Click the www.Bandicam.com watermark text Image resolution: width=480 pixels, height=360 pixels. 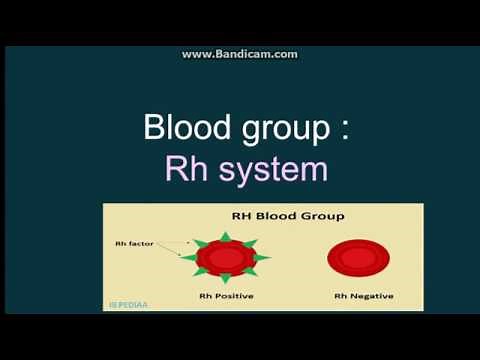(239, 54)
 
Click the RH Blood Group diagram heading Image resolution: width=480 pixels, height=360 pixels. (288, 216)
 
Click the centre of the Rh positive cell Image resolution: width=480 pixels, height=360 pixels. (226, 258)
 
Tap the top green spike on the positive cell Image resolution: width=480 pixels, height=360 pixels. (226, 234)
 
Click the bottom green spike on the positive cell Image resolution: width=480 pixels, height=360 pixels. (226, 280)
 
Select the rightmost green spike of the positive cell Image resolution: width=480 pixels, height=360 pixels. (264, 258)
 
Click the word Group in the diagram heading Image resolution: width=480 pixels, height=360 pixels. (322, 216)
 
